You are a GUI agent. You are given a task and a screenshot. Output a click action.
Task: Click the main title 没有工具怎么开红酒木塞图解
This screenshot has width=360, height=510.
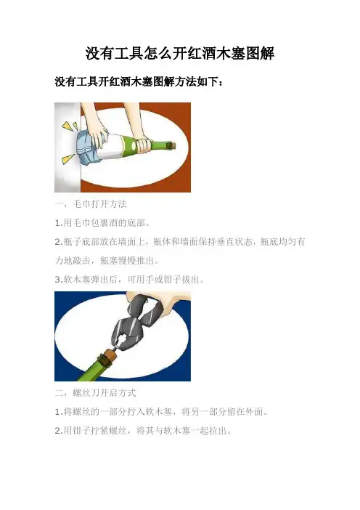180,54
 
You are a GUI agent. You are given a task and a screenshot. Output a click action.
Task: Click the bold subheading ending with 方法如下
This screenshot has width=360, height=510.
139,82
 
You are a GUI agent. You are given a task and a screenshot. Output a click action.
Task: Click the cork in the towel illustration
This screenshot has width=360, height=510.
173,144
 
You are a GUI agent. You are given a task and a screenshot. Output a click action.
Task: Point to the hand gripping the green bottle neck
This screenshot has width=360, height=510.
143,145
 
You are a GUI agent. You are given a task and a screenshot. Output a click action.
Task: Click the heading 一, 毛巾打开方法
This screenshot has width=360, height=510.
91,204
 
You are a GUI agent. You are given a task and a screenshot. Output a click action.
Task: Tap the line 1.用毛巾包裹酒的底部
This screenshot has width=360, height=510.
102,223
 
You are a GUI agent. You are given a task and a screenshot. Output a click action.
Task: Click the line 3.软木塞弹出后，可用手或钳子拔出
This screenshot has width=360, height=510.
129,280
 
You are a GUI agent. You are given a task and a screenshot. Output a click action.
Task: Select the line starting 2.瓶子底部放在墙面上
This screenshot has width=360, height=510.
180,242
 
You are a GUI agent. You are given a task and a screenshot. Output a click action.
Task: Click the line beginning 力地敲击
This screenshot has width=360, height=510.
107,261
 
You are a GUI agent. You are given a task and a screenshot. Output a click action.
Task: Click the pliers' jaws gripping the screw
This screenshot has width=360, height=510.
122,341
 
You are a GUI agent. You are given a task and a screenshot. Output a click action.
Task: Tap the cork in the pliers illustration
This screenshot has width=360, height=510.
108,357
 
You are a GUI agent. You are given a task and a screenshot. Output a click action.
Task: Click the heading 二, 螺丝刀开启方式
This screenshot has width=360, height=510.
95,393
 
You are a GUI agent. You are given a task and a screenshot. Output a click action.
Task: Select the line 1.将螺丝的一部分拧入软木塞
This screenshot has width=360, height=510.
162,412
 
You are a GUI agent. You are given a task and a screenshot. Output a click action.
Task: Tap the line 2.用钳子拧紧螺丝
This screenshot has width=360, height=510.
143,431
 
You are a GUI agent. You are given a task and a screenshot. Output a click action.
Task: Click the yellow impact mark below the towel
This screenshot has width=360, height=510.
68,158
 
